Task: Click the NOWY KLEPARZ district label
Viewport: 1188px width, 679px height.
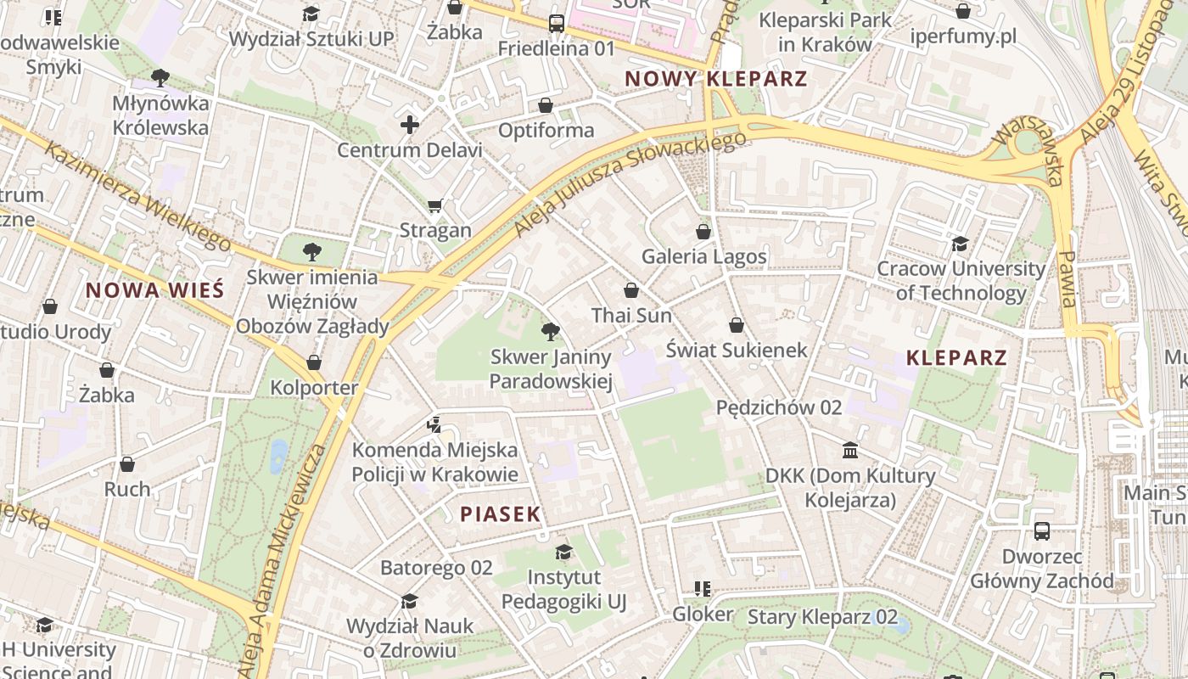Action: [x=715, y=79]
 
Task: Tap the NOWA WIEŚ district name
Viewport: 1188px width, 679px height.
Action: [x=154, y=290]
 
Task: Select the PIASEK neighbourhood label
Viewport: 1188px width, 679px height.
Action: [x=500, y=513]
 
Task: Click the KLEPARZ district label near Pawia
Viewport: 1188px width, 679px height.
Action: [x=955, y=357]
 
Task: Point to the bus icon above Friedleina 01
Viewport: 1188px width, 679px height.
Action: [x=557, y=24]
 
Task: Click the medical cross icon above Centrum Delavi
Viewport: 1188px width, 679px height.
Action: [x=410, y=126]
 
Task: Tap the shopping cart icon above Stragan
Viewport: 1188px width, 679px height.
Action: [x=435, y=205]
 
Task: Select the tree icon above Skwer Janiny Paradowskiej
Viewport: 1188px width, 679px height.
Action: [x=550, y=332]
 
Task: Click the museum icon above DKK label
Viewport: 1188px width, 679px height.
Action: [x=850, y=450]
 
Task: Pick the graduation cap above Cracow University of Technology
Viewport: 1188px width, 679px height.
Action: [x=960, y=244]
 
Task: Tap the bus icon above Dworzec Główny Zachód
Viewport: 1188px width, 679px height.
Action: [x=1042, y=531]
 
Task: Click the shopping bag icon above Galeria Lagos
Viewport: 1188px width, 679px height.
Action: [x=703, y=231]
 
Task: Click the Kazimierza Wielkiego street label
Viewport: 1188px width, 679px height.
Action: [x=136, y=196]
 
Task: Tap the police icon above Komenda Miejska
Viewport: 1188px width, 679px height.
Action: [x=434, y=424]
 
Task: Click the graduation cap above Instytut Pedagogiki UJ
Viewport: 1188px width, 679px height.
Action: [x=563, y=553]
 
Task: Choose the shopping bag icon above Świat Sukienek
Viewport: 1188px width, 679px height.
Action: [x=736, y=325]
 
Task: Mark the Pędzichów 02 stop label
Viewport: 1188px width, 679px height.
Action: [x=779, y=407]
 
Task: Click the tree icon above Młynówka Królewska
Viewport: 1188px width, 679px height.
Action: [x=160, y=79]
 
